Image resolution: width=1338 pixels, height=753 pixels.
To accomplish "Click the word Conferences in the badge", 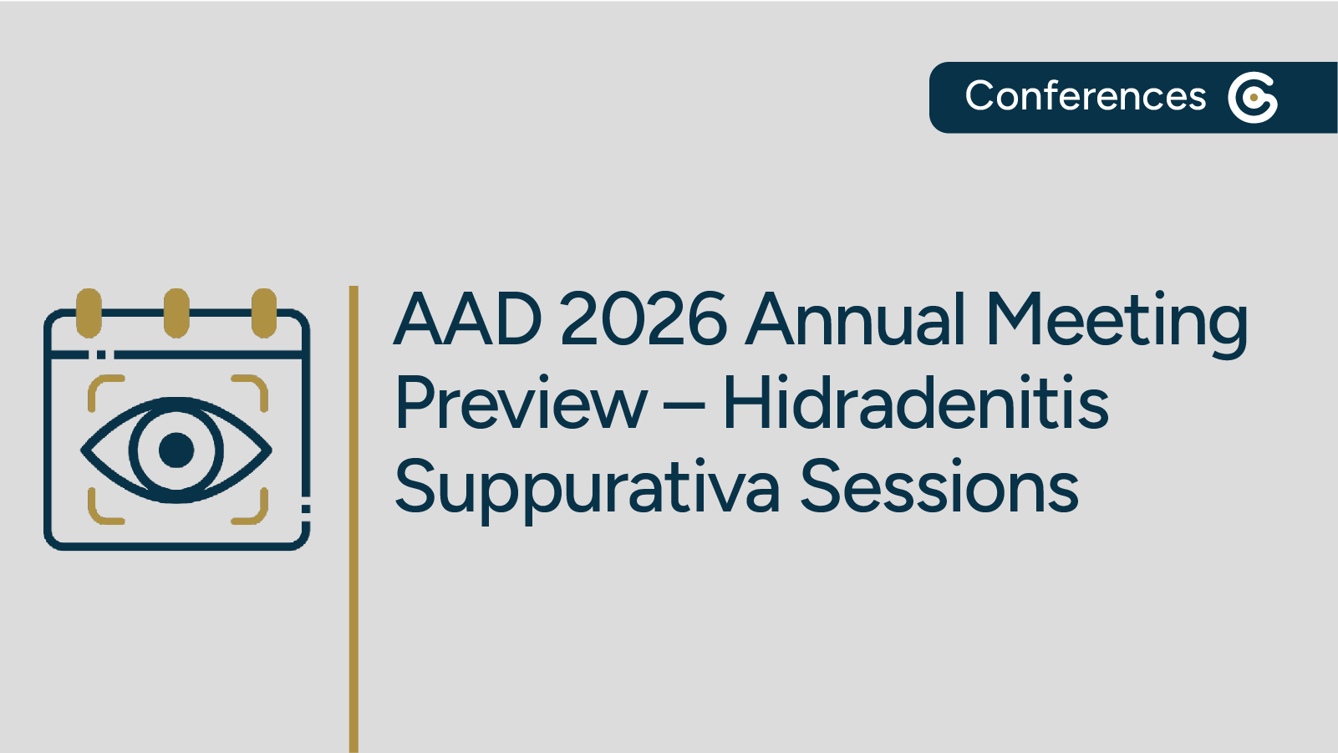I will point(1085,96).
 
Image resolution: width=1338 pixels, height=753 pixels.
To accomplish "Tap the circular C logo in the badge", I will point(1252,98).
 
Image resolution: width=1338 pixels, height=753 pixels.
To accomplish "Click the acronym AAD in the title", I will point(468,319).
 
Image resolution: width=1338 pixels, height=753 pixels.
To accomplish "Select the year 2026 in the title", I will point(643,319).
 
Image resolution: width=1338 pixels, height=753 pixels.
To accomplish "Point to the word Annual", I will point(856,319).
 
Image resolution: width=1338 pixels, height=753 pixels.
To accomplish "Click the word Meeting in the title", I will point(1117,321).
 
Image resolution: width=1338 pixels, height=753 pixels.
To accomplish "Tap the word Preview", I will point(521,404).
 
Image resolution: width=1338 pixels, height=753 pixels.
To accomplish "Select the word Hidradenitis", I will point(915,404).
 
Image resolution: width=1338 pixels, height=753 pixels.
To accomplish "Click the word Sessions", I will point(939,487).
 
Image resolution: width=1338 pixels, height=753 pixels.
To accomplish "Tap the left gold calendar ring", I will point(89,313).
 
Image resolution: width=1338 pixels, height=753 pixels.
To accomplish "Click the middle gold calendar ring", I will point(176,313).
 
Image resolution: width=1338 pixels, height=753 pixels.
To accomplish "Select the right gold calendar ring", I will point(264,313).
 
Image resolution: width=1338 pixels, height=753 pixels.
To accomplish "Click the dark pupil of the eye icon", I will point(176,450).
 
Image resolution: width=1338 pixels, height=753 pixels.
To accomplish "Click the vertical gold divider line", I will point(354,518).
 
